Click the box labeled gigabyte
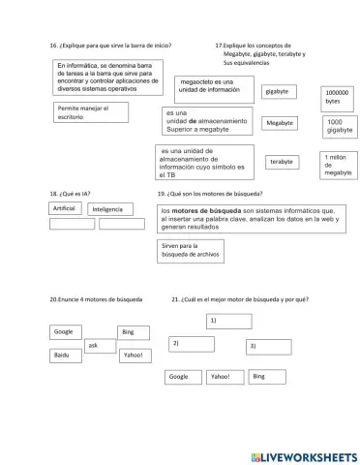pyautogui.click(x=281, y=91)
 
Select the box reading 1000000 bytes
pyautogui.click(x=338, y=97)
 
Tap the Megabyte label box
pyautogui.click(x=281, y=123)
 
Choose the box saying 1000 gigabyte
pyautogui.click(x=340, y=127)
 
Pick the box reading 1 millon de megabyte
pyautogui.click(x=338, y=164)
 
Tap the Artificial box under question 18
pyautogui.click(x=65, y=208)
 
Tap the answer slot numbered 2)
pyautogui.click(x=191, y=344)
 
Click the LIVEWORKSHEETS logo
pyautogui.click(x=303, y=455)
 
